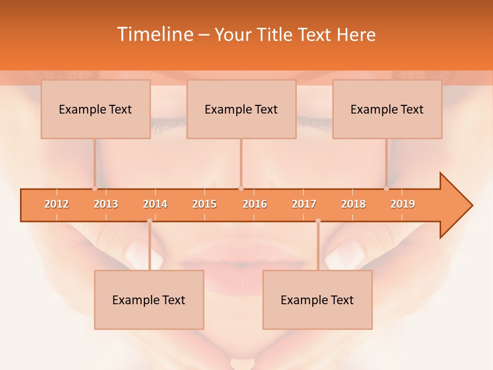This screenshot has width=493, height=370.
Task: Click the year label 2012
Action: pyautogui.click(x=56, y=204)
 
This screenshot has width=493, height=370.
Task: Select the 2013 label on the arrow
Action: pyautogui.click(x=106, y=204)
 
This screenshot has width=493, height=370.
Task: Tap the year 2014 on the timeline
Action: pyautogui.click(x=155, y=204)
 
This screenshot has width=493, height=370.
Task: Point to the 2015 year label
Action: pyautogui.click(x=204, y=204)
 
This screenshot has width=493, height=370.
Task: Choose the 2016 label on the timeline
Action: pyautogui.click(x=255, y=204)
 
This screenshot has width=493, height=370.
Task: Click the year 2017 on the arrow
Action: pyautogui.click(x=304, y=204)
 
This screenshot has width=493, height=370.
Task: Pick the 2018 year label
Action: pyautogui.click(x=353, y=204)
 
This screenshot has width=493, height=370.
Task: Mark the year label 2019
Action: pyautogui.click(x=403, y=204)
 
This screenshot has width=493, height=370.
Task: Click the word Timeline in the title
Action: pyautogui.click(x=155, y=34)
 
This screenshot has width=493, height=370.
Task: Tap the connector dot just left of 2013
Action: pyautogui.click(x=95, y=188)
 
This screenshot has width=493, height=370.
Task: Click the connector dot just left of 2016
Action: pyautogui.click(x=241, y=188)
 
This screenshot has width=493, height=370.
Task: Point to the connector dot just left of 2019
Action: pyautogui.click(x=387, y=188)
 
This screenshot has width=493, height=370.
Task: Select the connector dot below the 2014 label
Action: pyautogui.click(x=149, y=221)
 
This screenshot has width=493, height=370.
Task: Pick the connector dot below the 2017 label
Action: pyautogui.click(x=318, y=221)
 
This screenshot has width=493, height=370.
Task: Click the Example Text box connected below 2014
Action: pyautogui.click(x=149, y=300)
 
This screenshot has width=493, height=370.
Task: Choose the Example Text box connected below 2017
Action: pyautogui.click(x=317, y=300)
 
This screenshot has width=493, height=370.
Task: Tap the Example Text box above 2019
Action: pyautogui.click(x=387, y=109)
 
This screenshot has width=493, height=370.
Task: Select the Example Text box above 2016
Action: pyautogui.click(x=241, y=109)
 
